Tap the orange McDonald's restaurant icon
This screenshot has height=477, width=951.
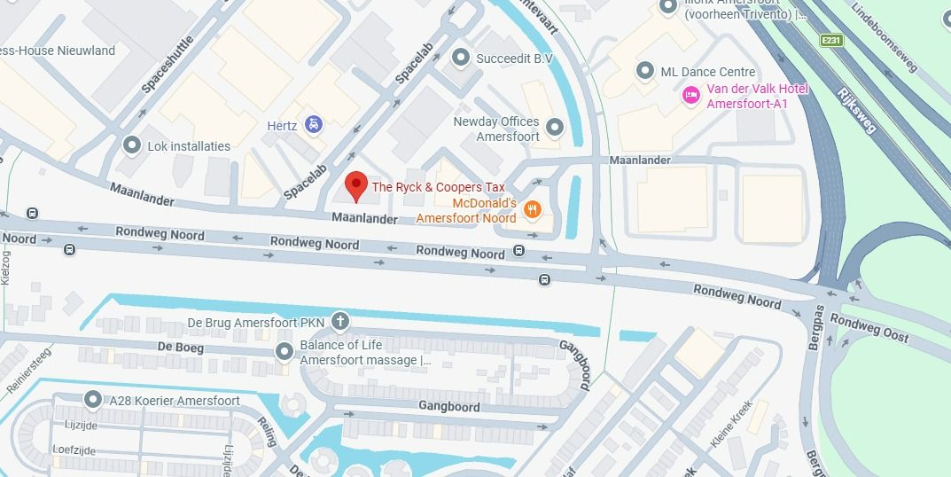[532, 210]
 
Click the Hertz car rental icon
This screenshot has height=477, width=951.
[313, 125]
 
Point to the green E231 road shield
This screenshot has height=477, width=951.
[830, 41]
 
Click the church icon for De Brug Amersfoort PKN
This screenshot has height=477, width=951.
[339, 321]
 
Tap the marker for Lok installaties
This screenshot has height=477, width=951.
[132, 145]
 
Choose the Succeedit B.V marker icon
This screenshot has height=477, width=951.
[460, 59]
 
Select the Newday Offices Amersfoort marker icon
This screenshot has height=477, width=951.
[555, 129]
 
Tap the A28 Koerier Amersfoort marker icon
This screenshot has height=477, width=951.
[92, 401]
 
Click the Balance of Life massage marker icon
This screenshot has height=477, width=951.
[284, 352]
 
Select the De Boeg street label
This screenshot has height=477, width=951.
[180, 348]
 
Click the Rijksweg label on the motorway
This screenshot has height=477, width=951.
[856, 110]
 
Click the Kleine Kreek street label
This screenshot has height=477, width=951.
[731, 425]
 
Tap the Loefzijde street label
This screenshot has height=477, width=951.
[74, 449]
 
